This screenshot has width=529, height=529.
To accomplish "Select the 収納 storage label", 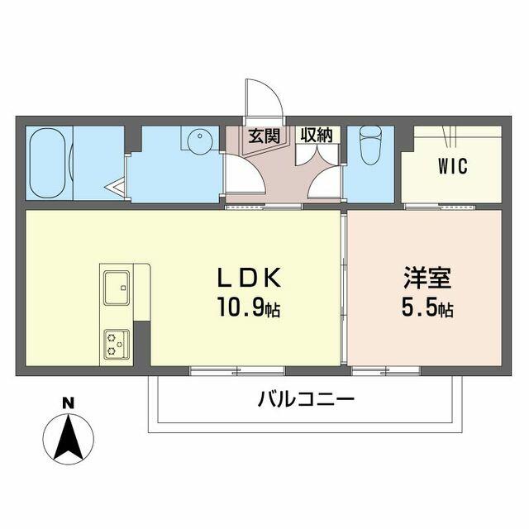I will (x=317, y=135).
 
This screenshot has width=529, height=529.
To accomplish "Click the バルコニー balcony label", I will (x=306, y=400).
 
